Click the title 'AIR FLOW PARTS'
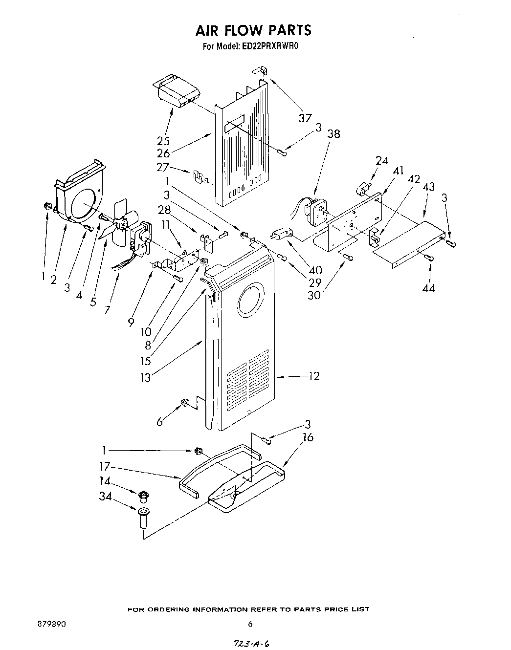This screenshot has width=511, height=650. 253,30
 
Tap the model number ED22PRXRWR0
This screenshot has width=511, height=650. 269,47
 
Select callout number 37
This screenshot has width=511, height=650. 305,117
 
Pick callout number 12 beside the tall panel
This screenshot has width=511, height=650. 314,376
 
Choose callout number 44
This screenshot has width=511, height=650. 429,288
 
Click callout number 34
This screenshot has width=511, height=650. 105,497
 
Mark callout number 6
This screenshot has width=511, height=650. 159,421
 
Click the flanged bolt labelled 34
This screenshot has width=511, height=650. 143,518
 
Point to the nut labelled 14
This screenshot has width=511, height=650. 143,496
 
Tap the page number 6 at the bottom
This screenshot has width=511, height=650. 250,624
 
